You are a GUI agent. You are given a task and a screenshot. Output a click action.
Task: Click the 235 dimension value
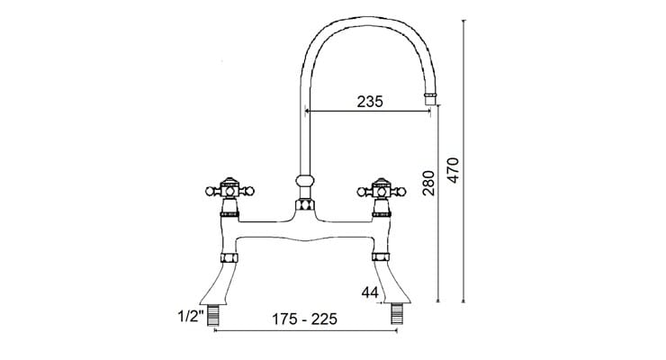tap(368, 102)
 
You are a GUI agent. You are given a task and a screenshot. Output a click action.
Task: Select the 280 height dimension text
tap(429, 182)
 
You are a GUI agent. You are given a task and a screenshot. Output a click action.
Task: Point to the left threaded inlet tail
tap(214, 315)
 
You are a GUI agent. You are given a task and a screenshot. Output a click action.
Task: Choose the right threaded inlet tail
tap(395, 315)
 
